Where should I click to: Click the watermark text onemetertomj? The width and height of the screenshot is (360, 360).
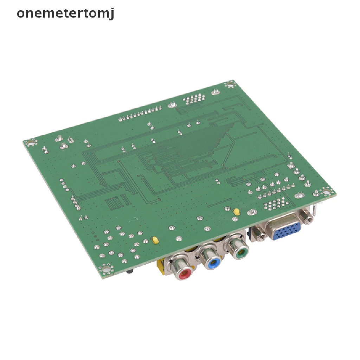pos(65,13)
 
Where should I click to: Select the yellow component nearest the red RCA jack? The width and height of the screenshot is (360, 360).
pos(155,240)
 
